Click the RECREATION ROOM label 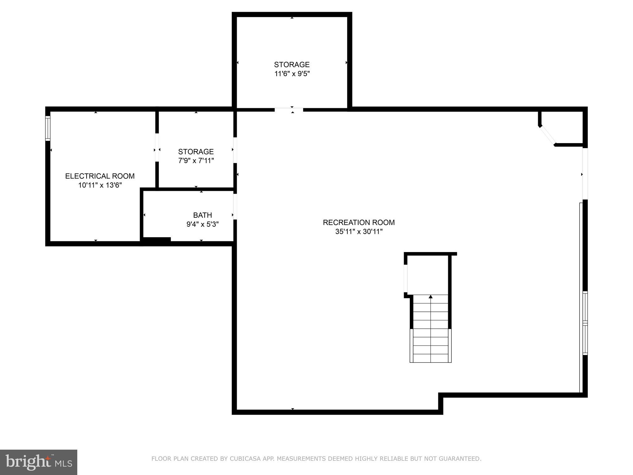[x=359, y=222]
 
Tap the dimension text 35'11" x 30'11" [x=359, y=232]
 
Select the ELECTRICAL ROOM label [x=100, y=176]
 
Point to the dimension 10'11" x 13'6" [x=100, y=185]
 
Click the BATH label [x=202, y=215]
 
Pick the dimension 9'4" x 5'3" [x=202, y=224]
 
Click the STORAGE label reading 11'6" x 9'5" [x=291, y=65]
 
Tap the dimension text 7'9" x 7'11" [x=196, y=161]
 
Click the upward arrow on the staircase [x=431, y=297]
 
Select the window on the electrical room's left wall [x=48, y=128]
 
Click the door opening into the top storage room [x=289, y=109]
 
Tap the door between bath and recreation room [x=235, y=207]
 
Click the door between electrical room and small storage [x=157, y=147]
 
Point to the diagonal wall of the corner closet [x=547, y=135]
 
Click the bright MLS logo [x=38, y=462]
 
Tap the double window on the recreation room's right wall [x=585, y=323]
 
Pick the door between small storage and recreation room [x=235, y=150]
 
